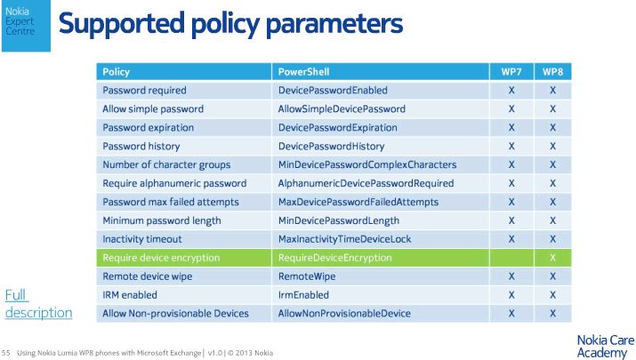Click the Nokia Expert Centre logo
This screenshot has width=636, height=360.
(x=26, y=26)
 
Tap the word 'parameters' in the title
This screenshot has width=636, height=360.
(x=334, y=23)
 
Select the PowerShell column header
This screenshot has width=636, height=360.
(x=381, y=72)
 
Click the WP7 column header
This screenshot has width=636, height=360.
(x=511, y=72)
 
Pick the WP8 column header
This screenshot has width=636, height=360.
(x=553, y=72)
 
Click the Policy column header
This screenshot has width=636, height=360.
(x=184, y=72)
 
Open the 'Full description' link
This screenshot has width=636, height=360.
(x=38, y=303)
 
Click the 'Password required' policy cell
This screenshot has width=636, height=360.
(x=184, y=91)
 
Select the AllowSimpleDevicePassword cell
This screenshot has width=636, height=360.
(x=381, y=109)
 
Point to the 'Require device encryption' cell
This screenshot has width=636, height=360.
(x=184, y=258)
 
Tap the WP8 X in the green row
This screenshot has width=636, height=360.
(x=553, y=258)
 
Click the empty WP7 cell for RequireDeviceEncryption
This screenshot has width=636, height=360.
(x=511, y=258)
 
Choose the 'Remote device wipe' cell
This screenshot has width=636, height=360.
(x=184, y=276)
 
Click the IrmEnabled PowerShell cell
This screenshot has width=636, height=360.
(x=381, y=295)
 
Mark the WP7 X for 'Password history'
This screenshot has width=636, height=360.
(x=511, y=147)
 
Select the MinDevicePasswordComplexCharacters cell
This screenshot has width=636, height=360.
(x=381, y=165)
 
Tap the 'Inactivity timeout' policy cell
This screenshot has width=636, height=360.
(x=184, y=239)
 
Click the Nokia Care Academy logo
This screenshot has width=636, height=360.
(x=606, y=347)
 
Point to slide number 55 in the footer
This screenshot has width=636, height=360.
(x=5, y=353)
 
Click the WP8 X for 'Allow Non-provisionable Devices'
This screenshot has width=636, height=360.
(x=553, y=314)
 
